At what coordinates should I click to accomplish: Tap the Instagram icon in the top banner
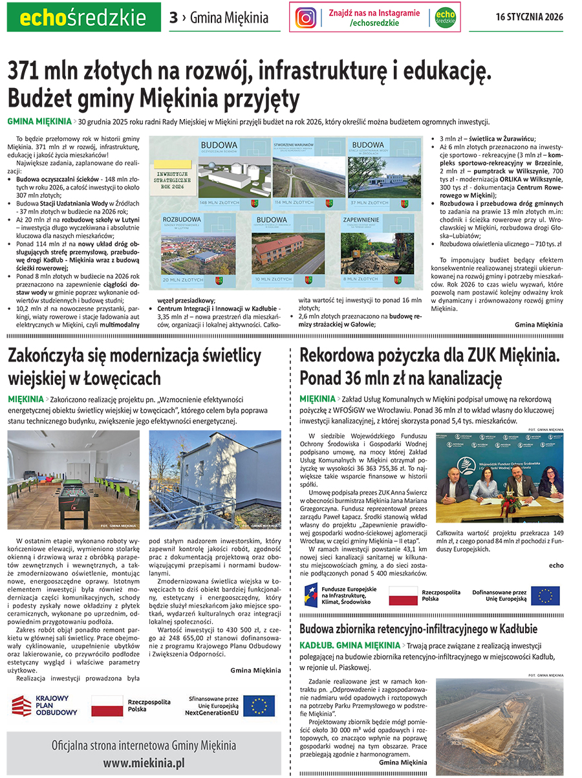coord(306,17)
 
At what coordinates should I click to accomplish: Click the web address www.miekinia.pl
coord(144,763)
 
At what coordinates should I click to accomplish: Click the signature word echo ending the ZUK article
coord(555,565)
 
